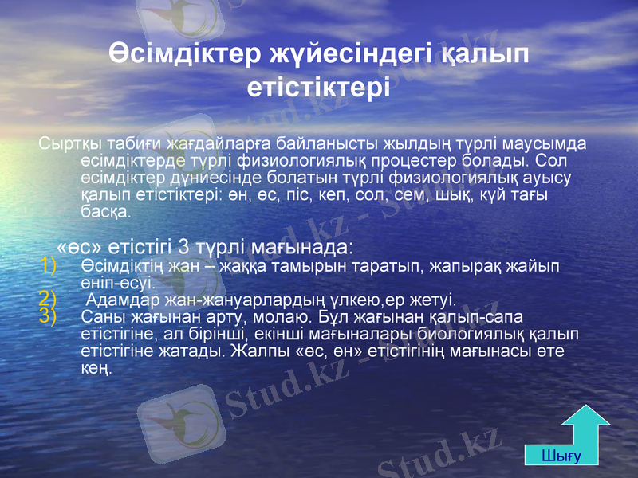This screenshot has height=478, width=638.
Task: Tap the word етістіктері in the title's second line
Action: click(x=319, y=85)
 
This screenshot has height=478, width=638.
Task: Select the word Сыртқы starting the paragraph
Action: click(x=65, y=144)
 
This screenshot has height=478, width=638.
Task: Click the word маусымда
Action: click(x=546, y=144)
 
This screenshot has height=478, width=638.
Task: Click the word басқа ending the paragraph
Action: click(x=104, y=213)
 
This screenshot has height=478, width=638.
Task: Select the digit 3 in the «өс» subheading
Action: click(x=183, y=242)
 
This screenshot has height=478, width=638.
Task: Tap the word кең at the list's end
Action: click(x=96, y=368)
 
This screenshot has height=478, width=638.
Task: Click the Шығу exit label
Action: click(x=561, y=456)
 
